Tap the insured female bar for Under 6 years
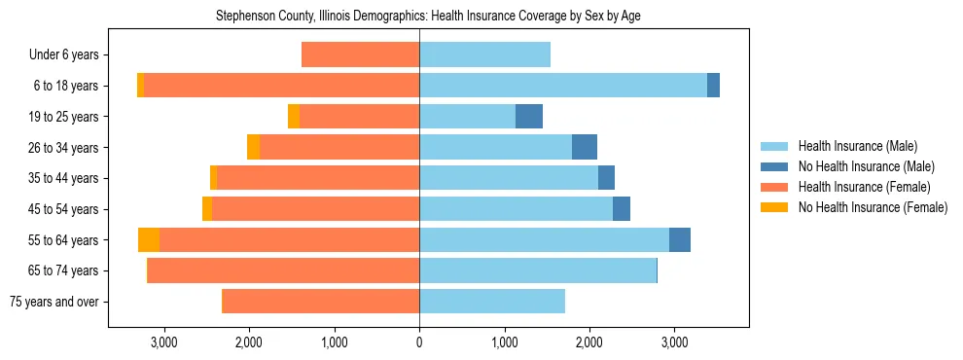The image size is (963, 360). pos(360,54)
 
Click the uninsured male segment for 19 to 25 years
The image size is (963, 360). pos(528,117)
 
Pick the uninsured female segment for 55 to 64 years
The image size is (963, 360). pos(149,239)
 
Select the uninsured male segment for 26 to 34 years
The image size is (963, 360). pos(584,147)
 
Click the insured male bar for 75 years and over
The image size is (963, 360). pos(491,302)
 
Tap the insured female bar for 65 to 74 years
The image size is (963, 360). pos(283,270)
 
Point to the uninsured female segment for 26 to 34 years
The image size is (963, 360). pos(253,147)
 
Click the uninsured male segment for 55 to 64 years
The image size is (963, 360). pos(679,239)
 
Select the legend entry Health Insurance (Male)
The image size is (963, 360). pos(857,146)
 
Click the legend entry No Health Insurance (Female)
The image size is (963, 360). pos(873,207)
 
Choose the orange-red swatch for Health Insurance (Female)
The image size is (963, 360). pos(773,187)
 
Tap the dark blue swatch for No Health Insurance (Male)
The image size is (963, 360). pos(773,166)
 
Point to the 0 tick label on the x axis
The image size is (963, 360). pos(419,342)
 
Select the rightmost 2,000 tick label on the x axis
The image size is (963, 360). pos(589,342)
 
